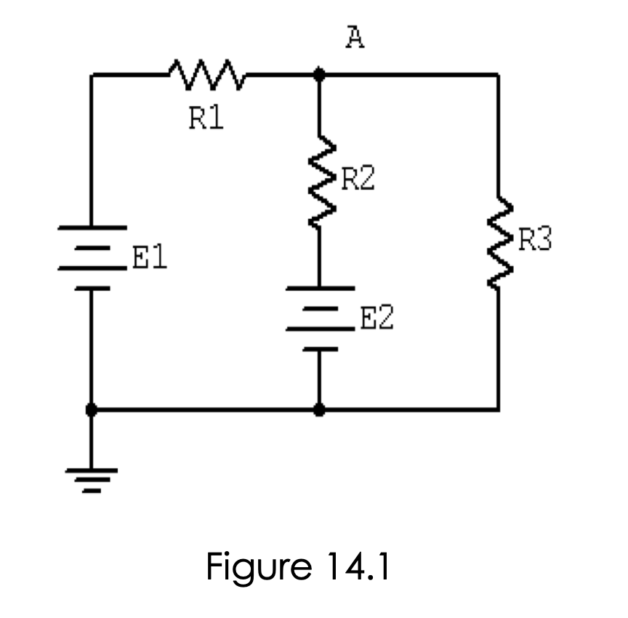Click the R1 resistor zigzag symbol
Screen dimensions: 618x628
(207, 73)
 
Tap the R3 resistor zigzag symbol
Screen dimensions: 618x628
(499, 240)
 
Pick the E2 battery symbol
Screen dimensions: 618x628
(319, 318)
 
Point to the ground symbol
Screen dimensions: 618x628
(92, 480)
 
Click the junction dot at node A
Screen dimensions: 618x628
(319, 74)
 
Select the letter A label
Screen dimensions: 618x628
(355, 39)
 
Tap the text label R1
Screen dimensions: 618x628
(206, 119)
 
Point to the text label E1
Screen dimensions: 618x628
(150, 258)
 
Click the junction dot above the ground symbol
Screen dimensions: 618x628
(92, 410)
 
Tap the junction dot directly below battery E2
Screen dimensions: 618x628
(319, 410)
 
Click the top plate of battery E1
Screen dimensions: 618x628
(92, 227)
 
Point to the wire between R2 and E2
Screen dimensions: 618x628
(319, 254)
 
